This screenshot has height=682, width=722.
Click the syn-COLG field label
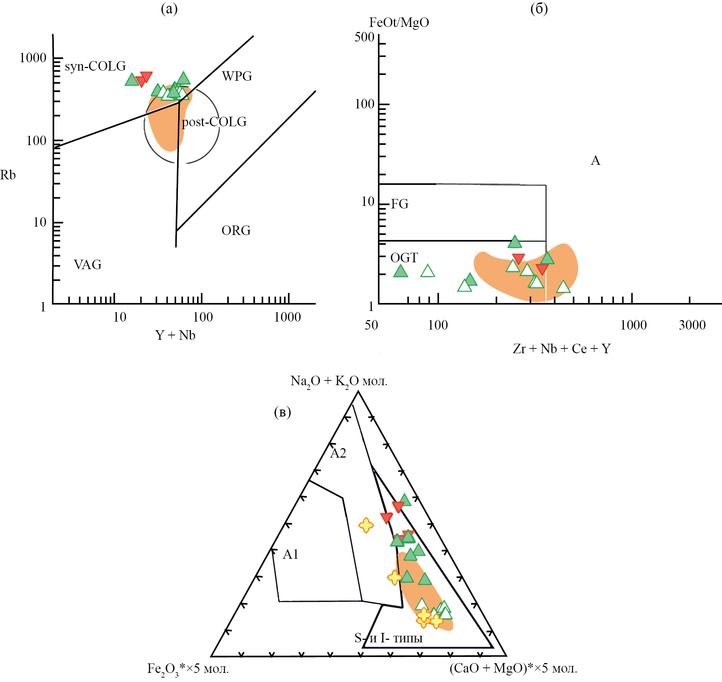point(95,66)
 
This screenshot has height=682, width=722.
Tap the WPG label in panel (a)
point(237,76)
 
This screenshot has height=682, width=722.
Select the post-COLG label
point(214,122)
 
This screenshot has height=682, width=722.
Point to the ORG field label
point(236,231)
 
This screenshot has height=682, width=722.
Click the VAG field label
point(88,265)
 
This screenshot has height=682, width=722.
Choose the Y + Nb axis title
point(175,335)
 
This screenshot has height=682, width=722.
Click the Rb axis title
point(8,175)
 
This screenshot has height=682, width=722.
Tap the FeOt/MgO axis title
point(399,23)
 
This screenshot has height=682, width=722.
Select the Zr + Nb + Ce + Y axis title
point(562,349)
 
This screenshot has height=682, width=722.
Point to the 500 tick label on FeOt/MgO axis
point(364,37)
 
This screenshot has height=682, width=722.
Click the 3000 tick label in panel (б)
point(692,325)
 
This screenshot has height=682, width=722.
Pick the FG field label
point(399,204)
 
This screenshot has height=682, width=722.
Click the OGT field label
point(404,258)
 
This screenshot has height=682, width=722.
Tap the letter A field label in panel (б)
point(595,160)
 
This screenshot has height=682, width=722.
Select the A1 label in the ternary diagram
point(291,554)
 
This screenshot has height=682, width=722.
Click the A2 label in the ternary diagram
point(338,453)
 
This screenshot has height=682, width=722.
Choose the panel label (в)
point(282,412)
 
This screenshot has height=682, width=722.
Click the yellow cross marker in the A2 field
point(366,525)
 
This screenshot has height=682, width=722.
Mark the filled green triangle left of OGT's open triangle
point(400,271)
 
